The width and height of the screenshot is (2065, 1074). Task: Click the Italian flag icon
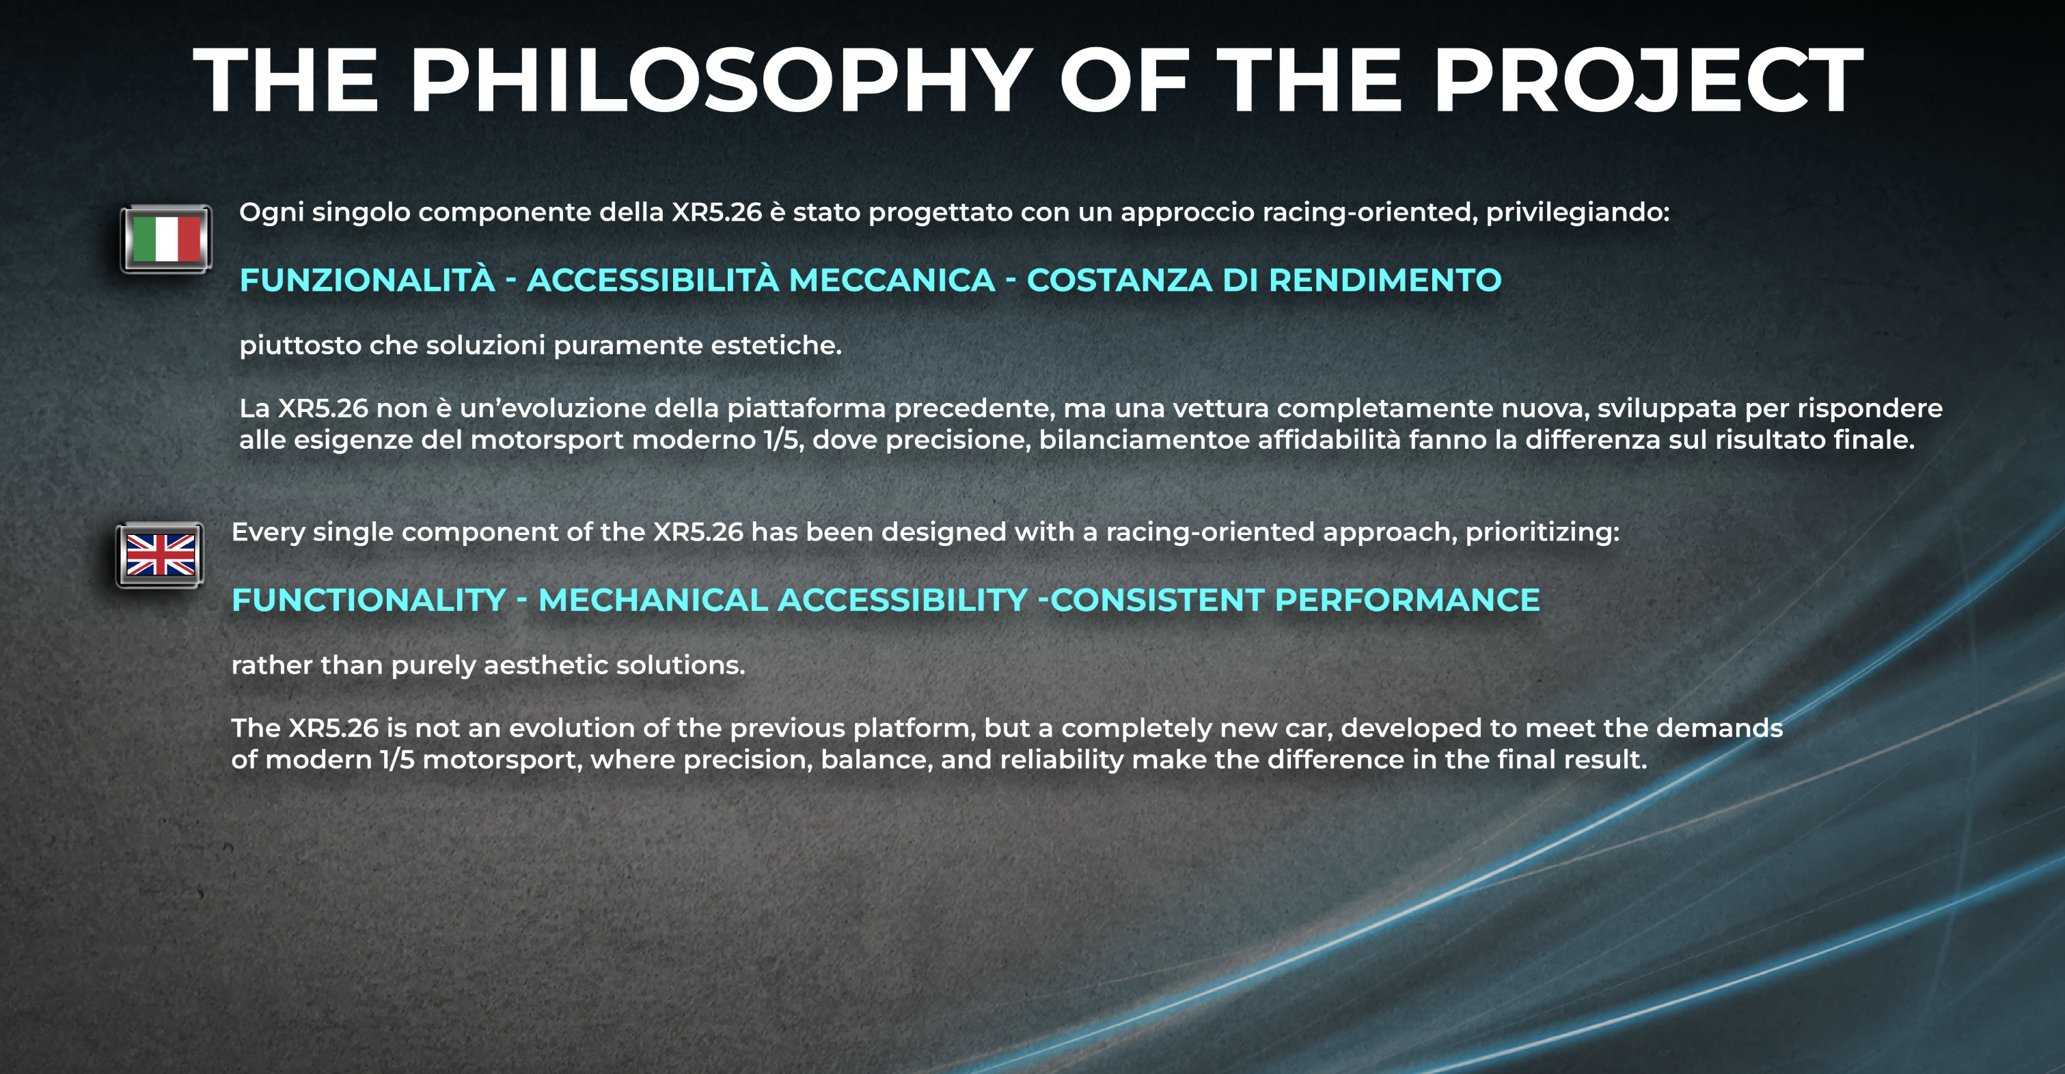166,239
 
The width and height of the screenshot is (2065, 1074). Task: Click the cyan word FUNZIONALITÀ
367,279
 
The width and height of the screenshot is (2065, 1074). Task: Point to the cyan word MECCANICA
892,279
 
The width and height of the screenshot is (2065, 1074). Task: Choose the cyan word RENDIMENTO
1385,279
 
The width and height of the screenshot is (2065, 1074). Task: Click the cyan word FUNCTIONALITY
369,600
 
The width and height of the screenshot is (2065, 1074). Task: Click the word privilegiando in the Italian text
1578,212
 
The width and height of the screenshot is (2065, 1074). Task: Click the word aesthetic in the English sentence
545,665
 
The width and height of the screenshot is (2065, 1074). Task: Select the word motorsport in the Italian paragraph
547,441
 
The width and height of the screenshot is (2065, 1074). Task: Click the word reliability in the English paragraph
1061,760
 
